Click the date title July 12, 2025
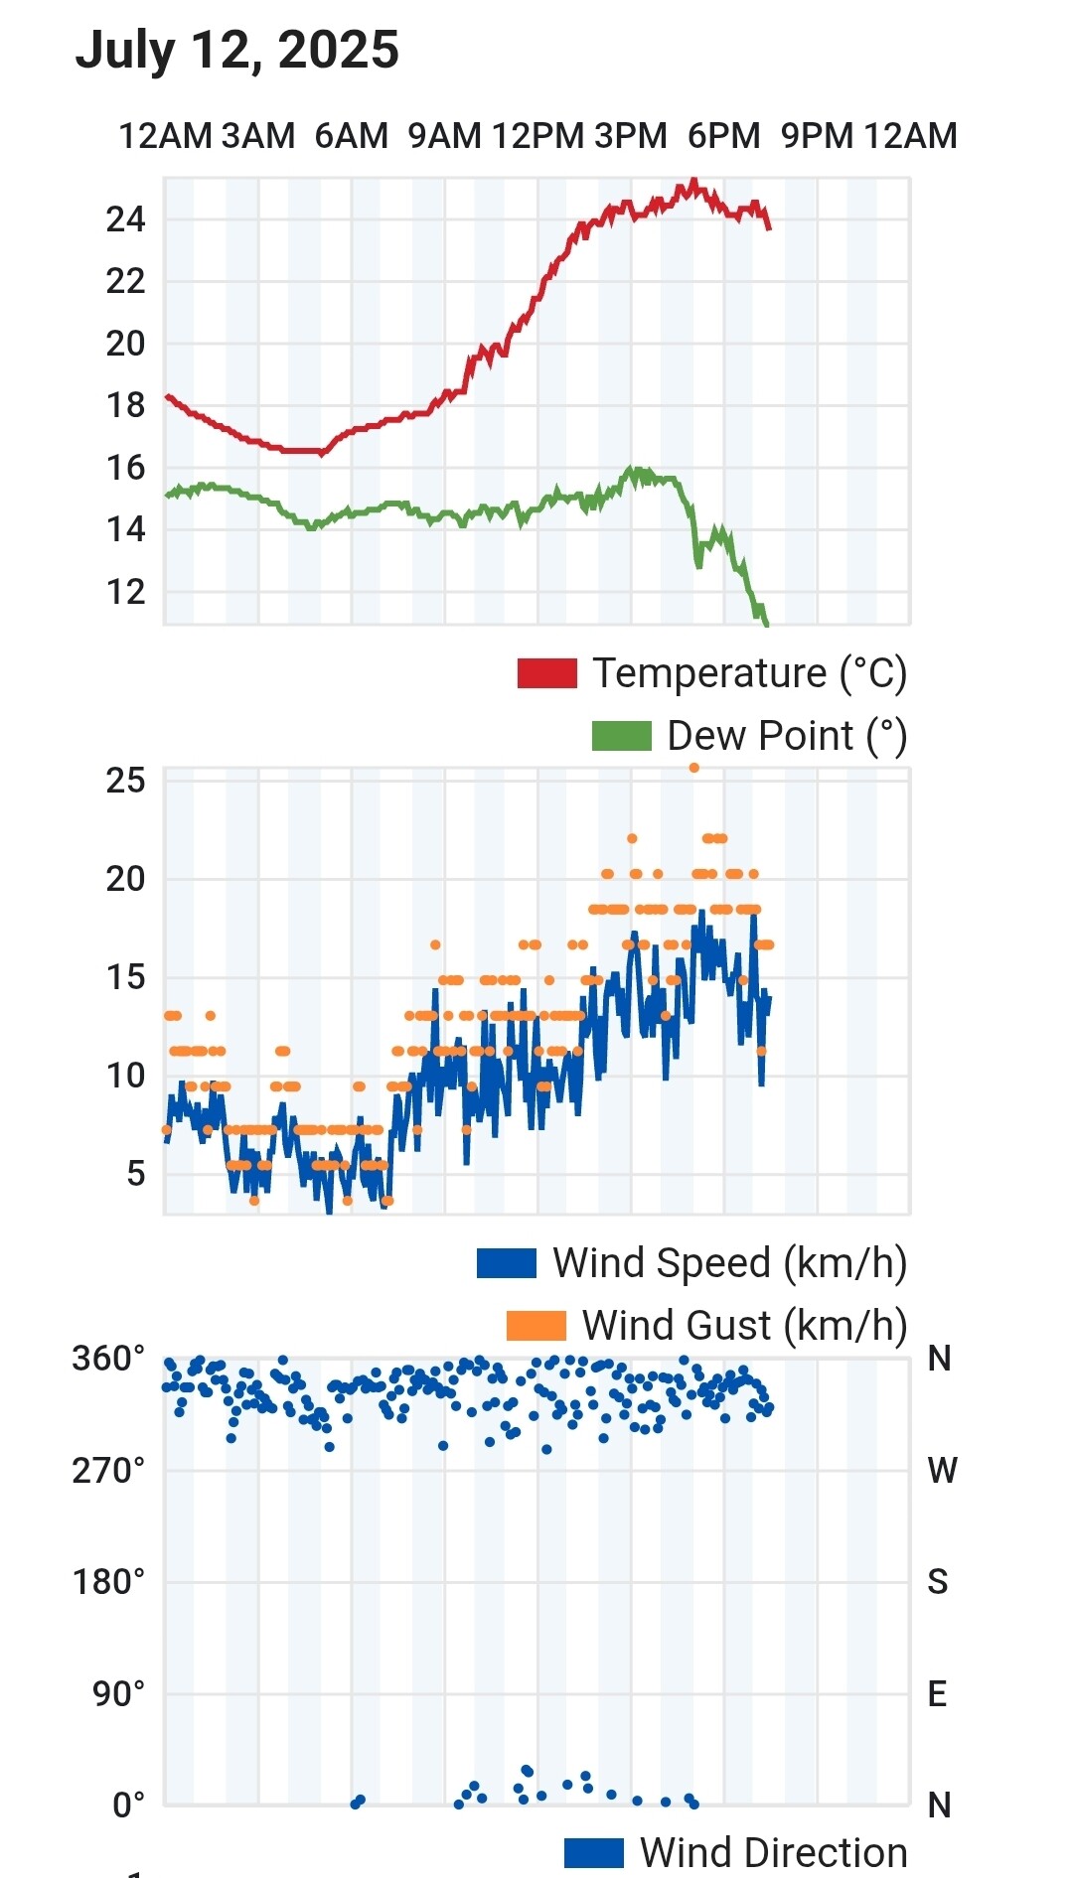[236, 50]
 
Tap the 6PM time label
[723, 136]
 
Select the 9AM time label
[444, 136]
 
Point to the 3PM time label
[631, 136]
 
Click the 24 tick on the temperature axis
[125, 219]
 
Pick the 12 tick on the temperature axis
[125, 592]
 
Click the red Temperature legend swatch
[546, 673]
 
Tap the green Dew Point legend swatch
[621, 736]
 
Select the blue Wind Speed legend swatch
[507, 1263]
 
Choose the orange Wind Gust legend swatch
[536, 1326]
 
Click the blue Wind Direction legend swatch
[593, 1853]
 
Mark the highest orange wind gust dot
[694, 768]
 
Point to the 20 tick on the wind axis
[125, 879]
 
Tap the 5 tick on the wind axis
[135, 1174]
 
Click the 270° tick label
[108, 1470]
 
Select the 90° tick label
[119, 1693]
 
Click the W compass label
[941, 1470]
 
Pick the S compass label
[938, 1582]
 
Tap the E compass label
[937, 1693]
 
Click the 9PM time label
[817, 136]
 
